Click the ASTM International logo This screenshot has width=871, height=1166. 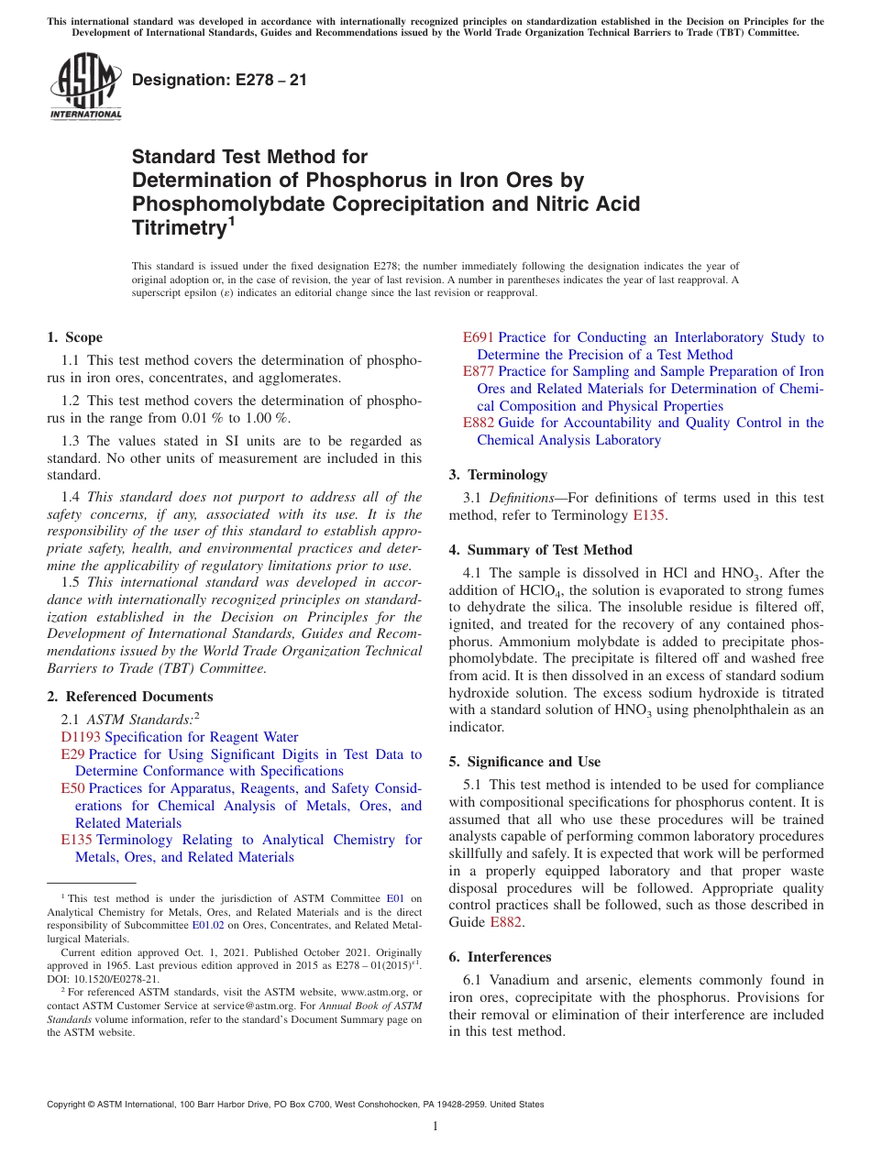pos(84,86)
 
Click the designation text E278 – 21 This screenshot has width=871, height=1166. pos(219,80)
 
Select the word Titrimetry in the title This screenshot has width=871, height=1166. pos(178,227)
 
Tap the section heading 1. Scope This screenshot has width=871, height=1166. pos(75,337)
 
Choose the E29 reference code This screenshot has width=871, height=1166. pos(72,754)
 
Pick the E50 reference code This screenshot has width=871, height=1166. pos(72,788)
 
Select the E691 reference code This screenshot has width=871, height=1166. pos(479,337)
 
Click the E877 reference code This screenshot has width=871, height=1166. pos(479,371)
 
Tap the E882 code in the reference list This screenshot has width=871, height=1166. pos(479,423)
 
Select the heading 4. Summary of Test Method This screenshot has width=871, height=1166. pos(540,550)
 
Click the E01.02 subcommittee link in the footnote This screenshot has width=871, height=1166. pos(208,926)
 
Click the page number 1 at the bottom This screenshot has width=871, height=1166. pos(435,1127)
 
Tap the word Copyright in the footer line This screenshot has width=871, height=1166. pos(69,1105)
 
